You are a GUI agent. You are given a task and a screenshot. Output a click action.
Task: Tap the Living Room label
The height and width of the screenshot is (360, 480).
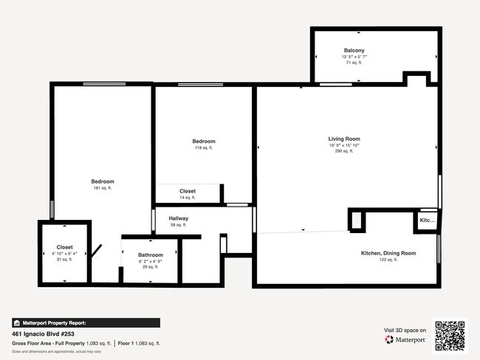pos(344,139)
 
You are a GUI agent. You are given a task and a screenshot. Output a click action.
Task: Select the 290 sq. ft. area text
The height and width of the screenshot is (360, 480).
pos(344,151)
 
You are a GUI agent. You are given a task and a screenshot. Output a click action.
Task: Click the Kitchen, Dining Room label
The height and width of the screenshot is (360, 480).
pos(388,253)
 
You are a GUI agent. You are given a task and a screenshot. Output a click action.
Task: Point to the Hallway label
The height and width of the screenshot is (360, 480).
pos(179,218)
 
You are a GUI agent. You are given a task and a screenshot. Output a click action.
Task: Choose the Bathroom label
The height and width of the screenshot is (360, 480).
pos(150,255)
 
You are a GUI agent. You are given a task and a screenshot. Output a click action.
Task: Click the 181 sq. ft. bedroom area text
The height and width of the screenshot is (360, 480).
pos(103,188)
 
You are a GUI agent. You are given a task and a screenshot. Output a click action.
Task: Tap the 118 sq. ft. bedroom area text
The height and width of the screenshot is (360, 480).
pos(204,148)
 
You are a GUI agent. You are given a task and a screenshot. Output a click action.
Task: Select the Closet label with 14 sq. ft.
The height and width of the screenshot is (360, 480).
pos(188,191)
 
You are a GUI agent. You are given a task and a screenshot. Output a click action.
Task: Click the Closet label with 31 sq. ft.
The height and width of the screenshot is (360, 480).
pos(65,247)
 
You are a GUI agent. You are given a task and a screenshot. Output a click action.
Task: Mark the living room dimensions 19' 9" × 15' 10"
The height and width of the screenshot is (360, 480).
pos(344,145)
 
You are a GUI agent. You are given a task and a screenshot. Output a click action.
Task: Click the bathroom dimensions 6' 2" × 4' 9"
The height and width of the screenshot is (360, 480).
pos(150,261)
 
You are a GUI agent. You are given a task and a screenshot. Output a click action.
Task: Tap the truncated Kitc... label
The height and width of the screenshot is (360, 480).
pos(428,221)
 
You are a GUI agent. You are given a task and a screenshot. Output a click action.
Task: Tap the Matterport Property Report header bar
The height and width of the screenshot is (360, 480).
pos(86,322)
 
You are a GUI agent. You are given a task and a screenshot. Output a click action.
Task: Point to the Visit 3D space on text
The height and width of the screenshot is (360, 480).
pos(405,330)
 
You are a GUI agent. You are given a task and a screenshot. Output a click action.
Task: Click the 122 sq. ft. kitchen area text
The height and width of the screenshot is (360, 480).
pos(388,260)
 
